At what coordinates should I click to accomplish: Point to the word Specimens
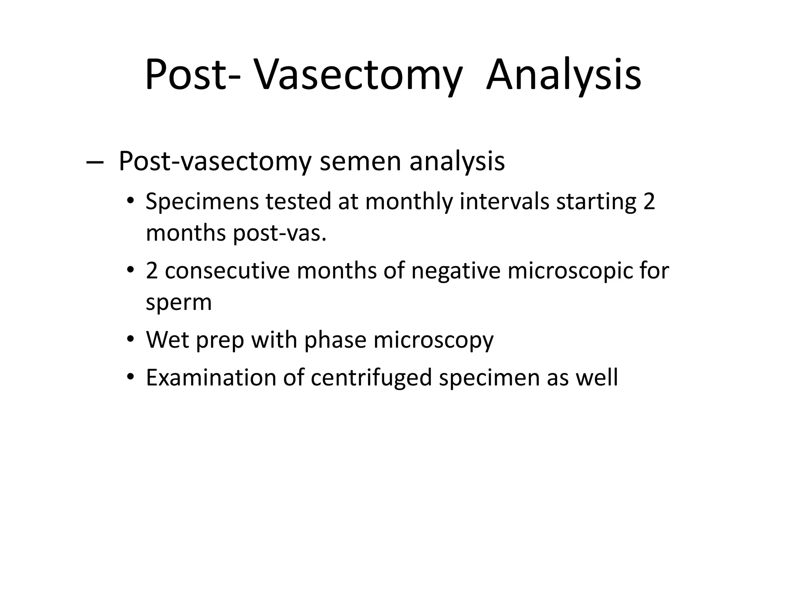pyautogui.click(x=202, y=202)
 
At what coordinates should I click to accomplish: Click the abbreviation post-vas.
pyautogui.click(x=280, y=233)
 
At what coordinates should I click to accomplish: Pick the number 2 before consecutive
pyautogui.click(x=152, y=270)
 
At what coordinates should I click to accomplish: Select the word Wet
pyautogui.click(x=167, y=340)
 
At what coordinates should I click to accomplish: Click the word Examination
pyautogui.click(x=211, y=377)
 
